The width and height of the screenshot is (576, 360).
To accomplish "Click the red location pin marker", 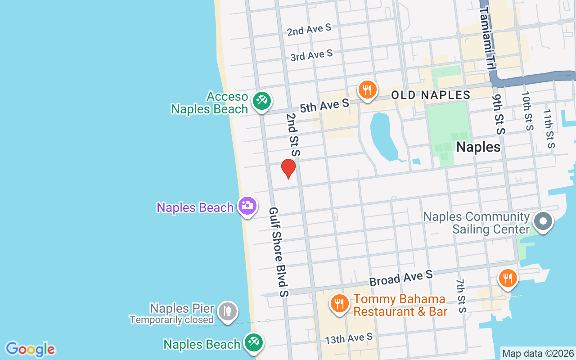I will click(288, 169).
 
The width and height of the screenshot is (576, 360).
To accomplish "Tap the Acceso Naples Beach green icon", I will click(261, 100).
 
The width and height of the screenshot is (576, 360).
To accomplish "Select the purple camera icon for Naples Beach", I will click(247, 206).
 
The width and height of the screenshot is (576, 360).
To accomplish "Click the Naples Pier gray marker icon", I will click(227, 311).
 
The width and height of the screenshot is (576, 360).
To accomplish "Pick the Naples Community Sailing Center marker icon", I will click(543, 221).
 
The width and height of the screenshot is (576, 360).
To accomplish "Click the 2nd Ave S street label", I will click(309, 30).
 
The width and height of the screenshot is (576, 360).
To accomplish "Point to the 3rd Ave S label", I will click(311, 55).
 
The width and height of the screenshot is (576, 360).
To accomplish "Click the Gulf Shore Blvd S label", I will click(279, 252).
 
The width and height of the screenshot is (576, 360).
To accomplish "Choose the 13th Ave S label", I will click(349, 338).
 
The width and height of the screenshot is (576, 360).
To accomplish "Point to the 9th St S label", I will click(499, 115).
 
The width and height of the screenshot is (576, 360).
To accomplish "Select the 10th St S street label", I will click(527, 111).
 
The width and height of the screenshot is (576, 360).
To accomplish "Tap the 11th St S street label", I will click(549, 129).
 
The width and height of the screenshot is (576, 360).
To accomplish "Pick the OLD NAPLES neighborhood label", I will click(431, 95).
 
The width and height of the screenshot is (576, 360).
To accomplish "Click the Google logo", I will click(30, 349).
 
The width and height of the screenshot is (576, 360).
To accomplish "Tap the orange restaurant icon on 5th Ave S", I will click(368, 90).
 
